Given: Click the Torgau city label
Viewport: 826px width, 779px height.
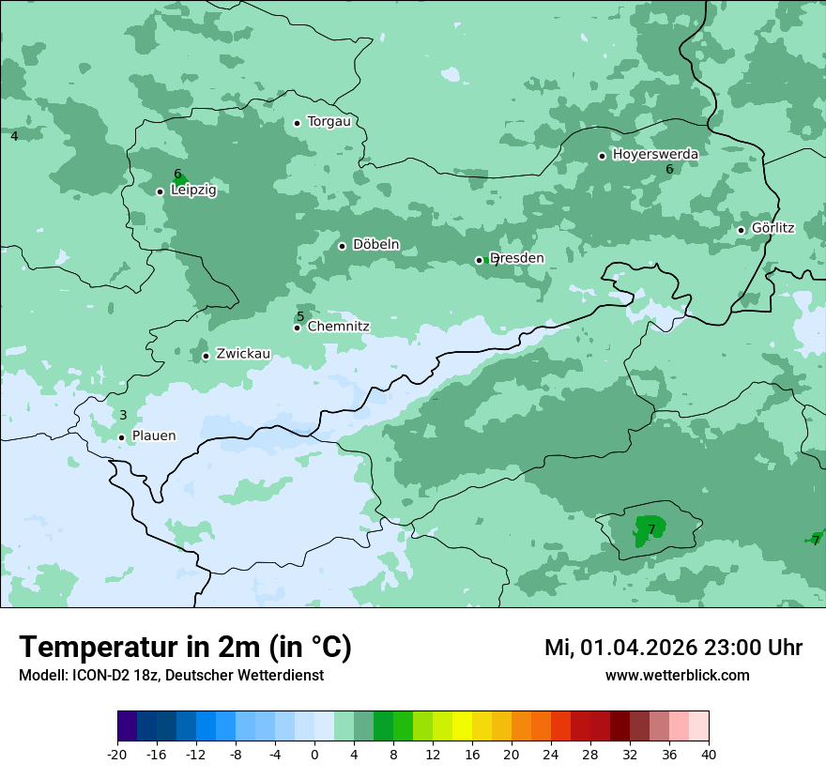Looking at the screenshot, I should tap(329, 122).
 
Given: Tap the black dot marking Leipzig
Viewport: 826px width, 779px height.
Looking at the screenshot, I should tap(160, 191).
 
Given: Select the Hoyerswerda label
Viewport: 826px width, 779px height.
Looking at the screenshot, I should tap(654, 155).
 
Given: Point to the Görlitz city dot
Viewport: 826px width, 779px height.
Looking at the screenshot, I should tap(741, 230).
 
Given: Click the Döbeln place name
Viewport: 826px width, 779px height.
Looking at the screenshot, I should tap(375, 245).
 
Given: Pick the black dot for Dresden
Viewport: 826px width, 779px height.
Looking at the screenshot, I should tap(479, 260).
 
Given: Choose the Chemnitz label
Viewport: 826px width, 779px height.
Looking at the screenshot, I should tap(338, 327).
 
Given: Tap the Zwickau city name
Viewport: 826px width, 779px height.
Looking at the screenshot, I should tap(243, 355).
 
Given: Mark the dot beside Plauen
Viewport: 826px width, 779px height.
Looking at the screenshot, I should tap(121, 437).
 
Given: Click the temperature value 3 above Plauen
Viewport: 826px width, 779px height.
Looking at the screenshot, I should tap(123, 415).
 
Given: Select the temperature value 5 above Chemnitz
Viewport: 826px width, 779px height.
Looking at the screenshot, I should tap(300, 316).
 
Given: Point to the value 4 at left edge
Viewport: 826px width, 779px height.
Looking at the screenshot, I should tap(14, 136).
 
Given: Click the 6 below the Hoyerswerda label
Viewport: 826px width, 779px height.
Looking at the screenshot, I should tap(669, 169).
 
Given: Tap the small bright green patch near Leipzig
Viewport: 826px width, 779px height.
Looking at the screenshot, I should tap(181, 179).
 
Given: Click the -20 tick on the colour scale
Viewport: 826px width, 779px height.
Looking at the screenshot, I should tap(117, 755).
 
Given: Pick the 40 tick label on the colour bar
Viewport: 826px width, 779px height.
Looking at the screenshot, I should tap(709, 755).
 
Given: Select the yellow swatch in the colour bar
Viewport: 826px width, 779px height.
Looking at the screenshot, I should tap(462, 726).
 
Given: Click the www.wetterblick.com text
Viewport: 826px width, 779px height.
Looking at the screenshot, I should tap(677, 676).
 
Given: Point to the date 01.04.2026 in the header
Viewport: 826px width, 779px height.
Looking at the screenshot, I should tap(638, 648).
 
